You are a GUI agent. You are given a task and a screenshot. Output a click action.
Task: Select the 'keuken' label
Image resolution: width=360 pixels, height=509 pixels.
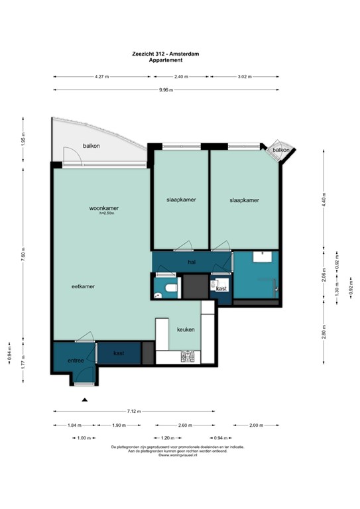tap(185, 329)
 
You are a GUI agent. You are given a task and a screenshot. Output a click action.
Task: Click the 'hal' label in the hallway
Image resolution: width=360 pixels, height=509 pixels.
tap(192, 262)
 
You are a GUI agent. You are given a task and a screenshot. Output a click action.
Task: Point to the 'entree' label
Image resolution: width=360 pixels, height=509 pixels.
tap(75, 361)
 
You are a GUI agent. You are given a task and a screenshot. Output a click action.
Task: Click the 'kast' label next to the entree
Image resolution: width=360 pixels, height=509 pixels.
tap(119, 353)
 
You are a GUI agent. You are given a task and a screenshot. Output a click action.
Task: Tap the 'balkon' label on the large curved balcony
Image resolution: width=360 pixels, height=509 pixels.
tap(91, 146)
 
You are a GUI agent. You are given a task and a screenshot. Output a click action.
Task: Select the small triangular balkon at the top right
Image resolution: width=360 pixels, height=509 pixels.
tap(281, 150)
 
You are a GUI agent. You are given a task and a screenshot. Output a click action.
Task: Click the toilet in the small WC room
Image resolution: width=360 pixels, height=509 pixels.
tap(171, 288)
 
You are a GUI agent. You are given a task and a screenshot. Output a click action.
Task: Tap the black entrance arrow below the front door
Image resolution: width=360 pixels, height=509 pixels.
tap(84, 400)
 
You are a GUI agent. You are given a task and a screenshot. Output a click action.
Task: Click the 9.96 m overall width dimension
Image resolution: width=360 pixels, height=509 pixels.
tap(166, 90)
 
